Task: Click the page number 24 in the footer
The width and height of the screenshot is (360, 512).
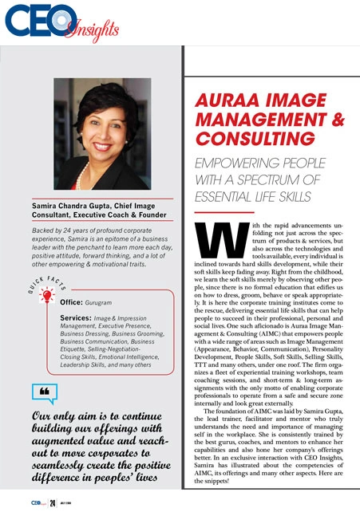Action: pyautogui.click(x=51, y=503)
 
